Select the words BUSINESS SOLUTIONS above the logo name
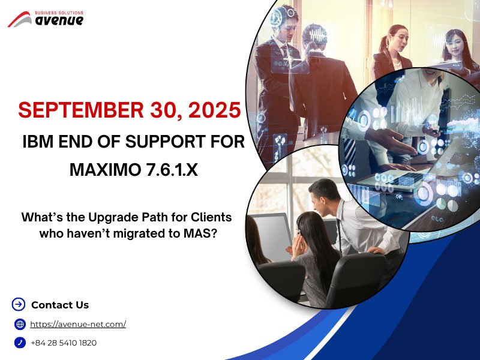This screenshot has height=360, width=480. (59, 12)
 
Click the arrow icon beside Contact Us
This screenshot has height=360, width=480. (19, 304)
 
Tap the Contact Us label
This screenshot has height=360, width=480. (60, 305)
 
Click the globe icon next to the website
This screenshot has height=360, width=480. (20, 324)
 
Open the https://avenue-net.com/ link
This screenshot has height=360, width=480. (78, 324)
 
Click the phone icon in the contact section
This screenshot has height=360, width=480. (20, 343)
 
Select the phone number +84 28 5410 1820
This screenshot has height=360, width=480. (64, 343)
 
